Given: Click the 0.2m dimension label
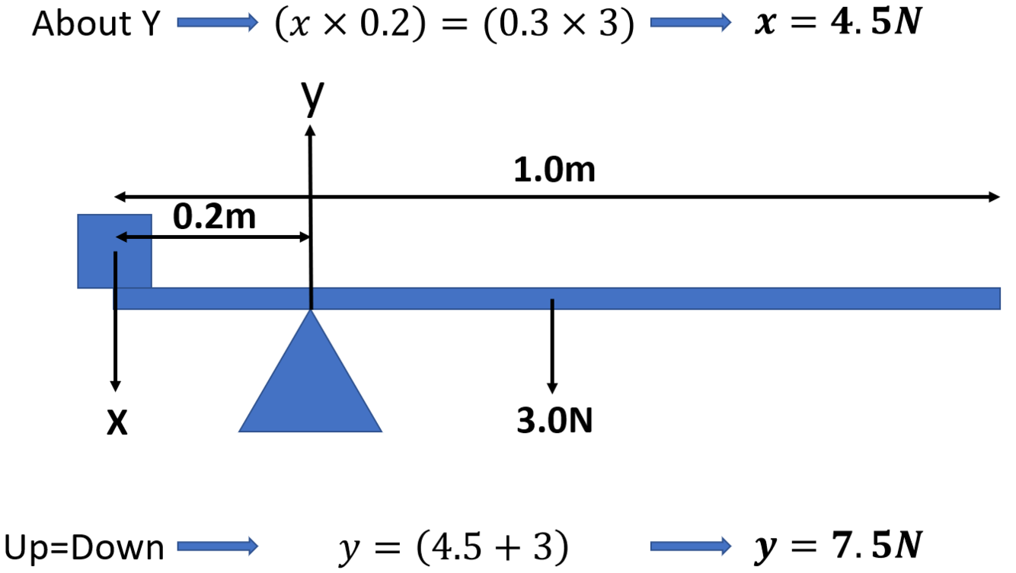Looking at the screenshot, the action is pyautogui.click(x=214, y=218).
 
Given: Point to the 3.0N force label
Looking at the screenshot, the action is pyautogui.click(x=554, y=422).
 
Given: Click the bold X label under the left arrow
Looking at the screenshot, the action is pyautogui.click(x=116, y=423).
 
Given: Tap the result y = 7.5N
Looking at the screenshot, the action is pyautogui.click(x=838, y=546).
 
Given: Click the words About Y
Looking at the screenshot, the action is pyautogui.click(x=96, y=25).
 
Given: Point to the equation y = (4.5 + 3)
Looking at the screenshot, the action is pyautogui.click(x=452, y=547).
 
